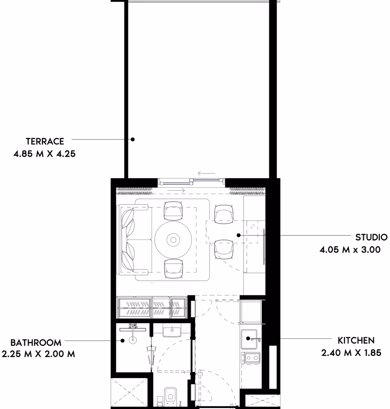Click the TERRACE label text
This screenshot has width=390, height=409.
coord(45,141)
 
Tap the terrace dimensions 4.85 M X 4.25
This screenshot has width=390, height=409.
coord(45,154)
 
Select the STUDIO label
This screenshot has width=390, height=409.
coord(371,237)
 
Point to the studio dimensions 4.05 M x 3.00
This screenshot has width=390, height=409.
coord(350,250)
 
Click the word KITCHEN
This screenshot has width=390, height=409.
coord(356,340)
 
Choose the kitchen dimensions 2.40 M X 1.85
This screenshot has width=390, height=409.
coord(351,353)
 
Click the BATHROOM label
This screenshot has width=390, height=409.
coord(36,343)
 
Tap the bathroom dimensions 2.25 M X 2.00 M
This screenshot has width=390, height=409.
coord(38,354)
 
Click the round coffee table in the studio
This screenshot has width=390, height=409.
coord(173,240)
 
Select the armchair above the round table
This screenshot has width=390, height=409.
coord(173,211)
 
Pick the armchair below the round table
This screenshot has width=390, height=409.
coord(173,269)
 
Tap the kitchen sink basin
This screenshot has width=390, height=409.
coord(249,339)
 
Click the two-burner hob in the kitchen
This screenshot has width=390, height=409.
coord(250,358)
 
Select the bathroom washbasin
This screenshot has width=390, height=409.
coord(172,332)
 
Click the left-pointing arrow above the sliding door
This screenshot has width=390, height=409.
coord(207,173)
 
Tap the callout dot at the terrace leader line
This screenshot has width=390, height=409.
coord(132,139)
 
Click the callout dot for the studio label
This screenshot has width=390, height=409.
coord(239,236)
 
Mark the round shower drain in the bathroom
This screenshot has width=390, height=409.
coord(133,340)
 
